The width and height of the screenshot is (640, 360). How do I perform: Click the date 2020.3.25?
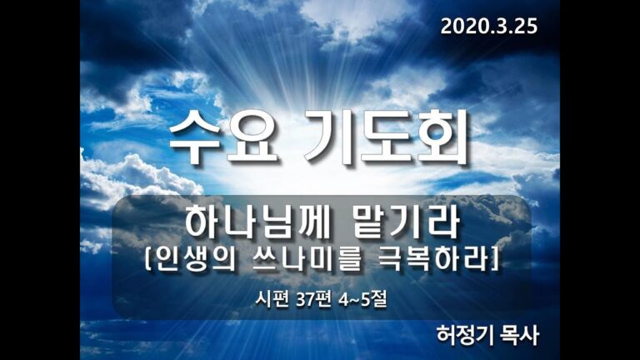pos(488,26)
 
